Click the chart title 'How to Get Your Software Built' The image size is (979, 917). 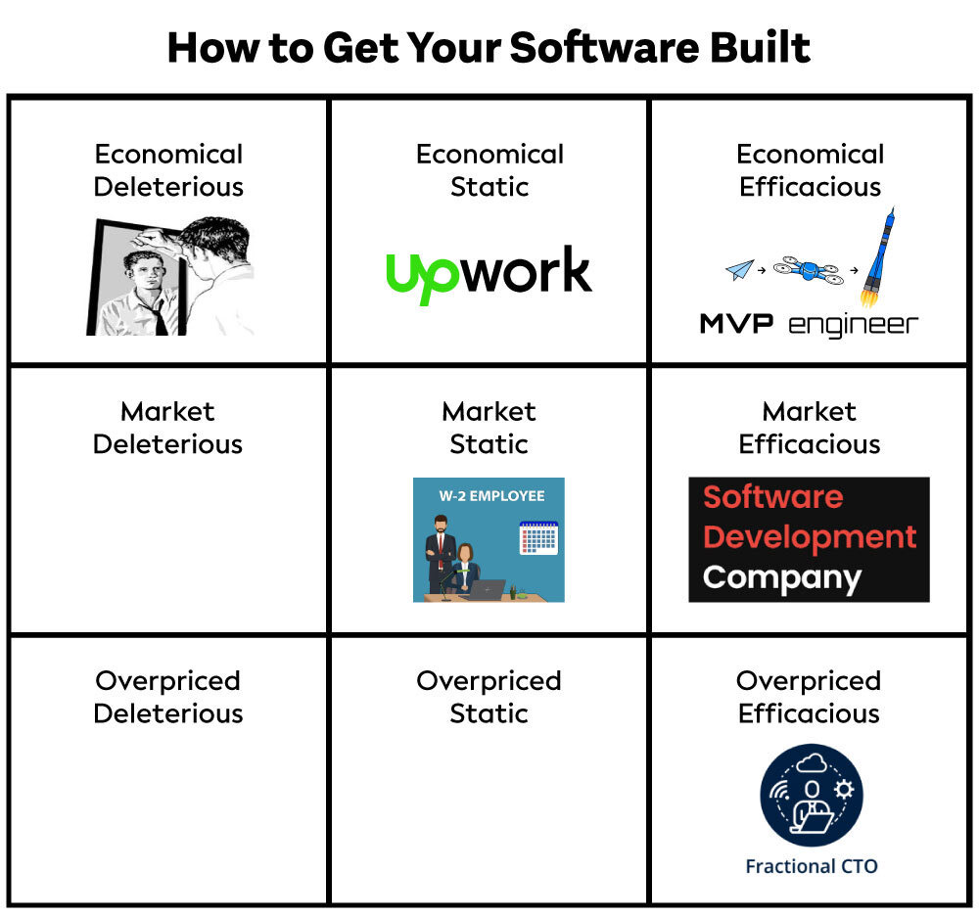click(489, 48)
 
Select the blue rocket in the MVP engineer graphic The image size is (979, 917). click(878, 257)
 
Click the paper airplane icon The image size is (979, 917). click(740, 269)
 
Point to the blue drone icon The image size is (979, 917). click(808, 270)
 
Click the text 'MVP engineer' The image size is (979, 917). click(810, 325)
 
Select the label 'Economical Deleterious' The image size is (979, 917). click(168, 170)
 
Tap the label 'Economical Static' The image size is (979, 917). click(489, 170)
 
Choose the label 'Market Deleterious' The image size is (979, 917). click(167, 428)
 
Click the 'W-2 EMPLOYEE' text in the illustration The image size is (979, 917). click(491, 496)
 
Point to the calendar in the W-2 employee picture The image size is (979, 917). click(538, 538)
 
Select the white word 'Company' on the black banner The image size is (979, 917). click(781, 578)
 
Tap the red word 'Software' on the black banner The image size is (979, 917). click(773, 497)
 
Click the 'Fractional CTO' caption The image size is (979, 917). click(812, 866)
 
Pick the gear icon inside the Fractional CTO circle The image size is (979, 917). click(844, 790)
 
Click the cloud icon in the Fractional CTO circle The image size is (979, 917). click(812, 762)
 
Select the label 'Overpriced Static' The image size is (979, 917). click(489, 697)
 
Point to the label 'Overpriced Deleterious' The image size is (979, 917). click(168, 697)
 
